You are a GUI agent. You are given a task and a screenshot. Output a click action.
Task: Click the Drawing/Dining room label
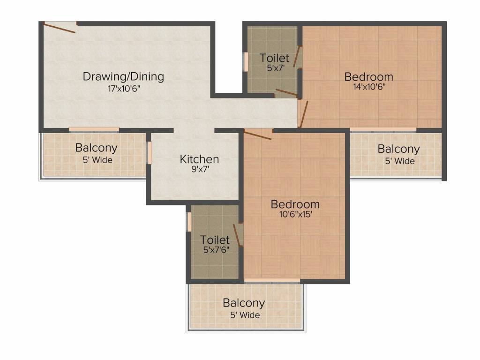click(x=123, y=76)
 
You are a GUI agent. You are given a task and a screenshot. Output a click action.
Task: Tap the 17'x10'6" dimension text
click(x=124, y=89)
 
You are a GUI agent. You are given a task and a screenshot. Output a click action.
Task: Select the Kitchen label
click(x=199, y=159)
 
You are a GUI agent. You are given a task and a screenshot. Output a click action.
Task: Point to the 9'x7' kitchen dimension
click(x=200, y=169)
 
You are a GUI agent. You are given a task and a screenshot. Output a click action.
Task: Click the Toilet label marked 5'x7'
click(x=274, y=58)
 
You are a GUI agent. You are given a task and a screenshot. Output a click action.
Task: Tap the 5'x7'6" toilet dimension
click(x=216, y=250)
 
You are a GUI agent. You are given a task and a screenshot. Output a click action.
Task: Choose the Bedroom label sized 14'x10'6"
click(x=368, y=76)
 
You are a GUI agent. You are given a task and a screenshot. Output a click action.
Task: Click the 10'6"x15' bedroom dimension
click(x=296, y=214)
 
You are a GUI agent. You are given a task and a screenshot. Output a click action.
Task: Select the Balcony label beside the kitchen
click(x=97, y=148)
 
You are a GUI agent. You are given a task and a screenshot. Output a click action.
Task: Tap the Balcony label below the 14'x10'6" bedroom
click(x=398, y=149)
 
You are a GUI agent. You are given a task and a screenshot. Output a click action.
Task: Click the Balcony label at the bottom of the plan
click(x=244, y=303)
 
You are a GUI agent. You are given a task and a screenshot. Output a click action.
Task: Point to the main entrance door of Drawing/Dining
click(x=60, y=27)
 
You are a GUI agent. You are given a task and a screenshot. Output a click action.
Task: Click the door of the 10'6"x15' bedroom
click(x=257, y=135)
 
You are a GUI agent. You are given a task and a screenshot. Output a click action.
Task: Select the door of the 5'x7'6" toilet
click(x=238, y=235)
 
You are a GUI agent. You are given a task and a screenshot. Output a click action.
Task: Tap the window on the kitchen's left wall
click(x=150, y=152)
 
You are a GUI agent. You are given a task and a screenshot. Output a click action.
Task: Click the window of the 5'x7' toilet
click(x=246, y=62)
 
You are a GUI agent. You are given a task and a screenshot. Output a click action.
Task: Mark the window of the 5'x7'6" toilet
click(x=189, y=222)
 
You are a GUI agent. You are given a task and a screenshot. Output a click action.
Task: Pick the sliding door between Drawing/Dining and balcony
click(x=94, y=130)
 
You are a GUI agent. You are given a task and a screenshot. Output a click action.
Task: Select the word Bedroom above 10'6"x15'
click(x=295, y=204)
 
